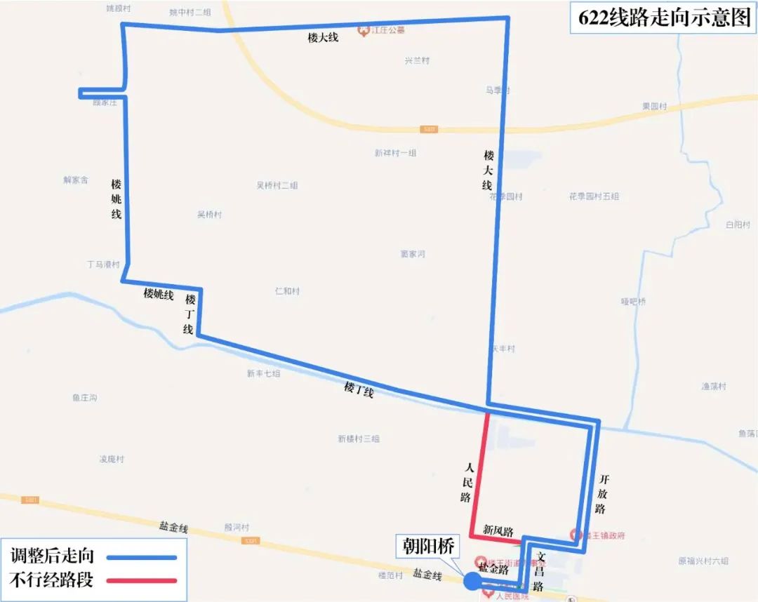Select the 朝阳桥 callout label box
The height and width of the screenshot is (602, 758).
tap(429, 546)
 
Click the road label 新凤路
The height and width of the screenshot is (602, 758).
tap(498, 531)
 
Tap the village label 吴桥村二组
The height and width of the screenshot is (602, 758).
tap(277, 186)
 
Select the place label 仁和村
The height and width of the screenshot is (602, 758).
tap(288, 291)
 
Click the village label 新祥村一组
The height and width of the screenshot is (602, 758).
tap(395, 153)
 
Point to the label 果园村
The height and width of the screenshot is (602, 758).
tap(654, 107)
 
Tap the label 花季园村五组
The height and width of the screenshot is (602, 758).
tap(594, 196)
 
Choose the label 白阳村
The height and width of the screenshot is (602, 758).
tap(738, 225)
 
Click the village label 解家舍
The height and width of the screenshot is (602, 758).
tap(76, 180)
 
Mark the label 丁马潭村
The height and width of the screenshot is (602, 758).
tap(103, 265)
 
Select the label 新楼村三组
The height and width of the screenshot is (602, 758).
tap(358, 439)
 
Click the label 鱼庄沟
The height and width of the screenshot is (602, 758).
tap(84, 398)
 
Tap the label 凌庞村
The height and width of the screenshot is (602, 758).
tap(112, 460)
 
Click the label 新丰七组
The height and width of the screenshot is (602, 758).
tap(263, 374)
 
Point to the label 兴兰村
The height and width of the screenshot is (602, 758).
tap(417, 61)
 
